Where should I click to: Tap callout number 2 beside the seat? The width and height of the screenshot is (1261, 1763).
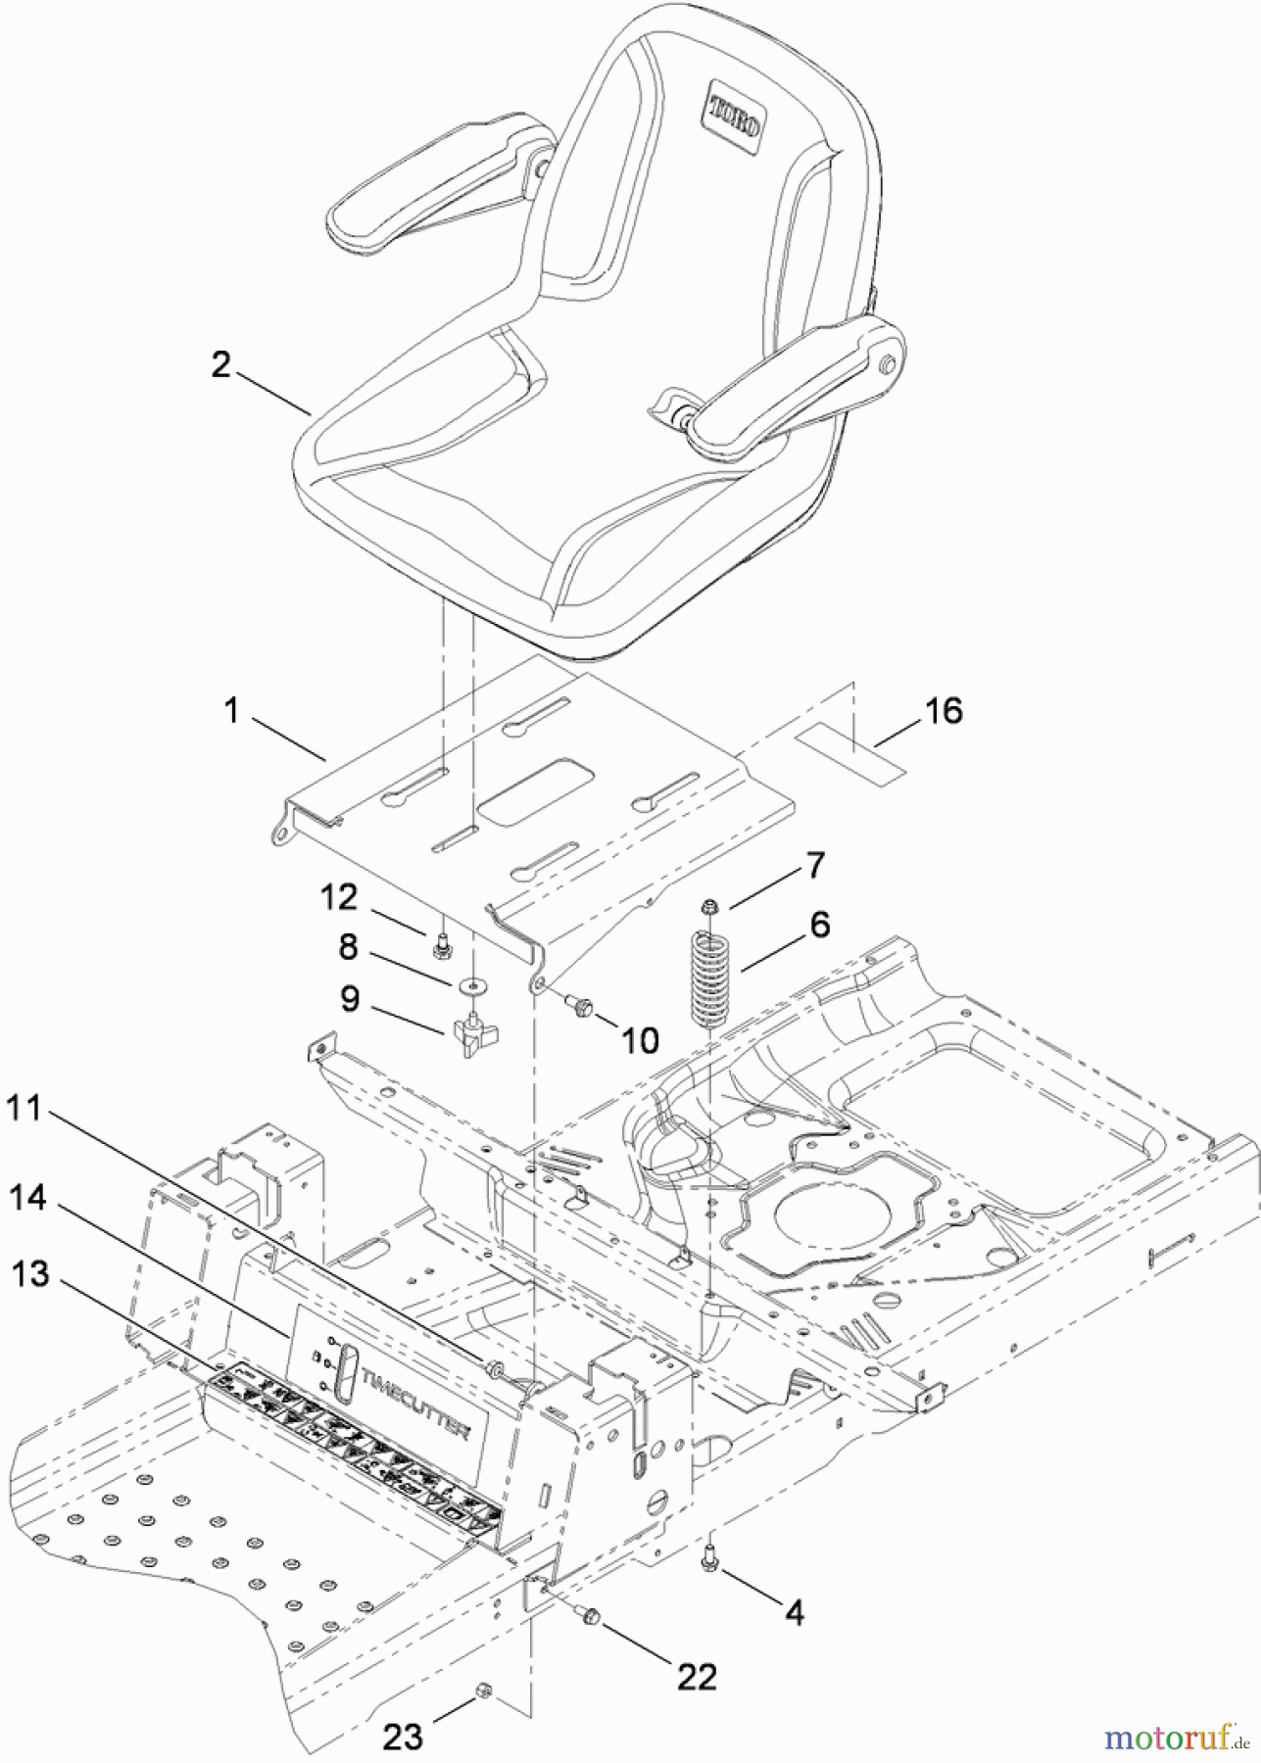(221, 365)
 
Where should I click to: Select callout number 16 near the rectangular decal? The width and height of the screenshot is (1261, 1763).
(944, 711)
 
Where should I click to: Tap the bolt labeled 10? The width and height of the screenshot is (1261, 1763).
(582, 1004)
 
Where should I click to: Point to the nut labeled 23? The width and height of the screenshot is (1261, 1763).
(483, 1691)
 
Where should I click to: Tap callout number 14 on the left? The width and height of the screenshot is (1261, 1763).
(29, 1198)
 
